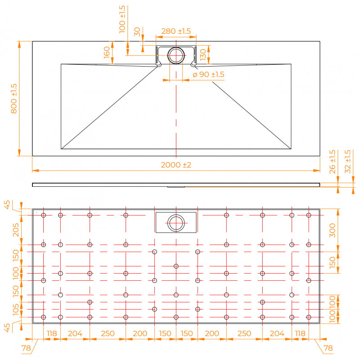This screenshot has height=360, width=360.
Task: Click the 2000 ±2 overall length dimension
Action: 176,165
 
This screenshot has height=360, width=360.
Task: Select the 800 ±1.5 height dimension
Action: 14,99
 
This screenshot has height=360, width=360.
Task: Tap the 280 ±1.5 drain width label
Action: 176,31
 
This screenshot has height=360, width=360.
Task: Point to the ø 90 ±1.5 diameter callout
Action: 208,74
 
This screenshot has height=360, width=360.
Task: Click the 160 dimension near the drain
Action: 107,52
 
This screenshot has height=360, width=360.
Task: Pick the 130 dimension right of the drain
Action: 203,55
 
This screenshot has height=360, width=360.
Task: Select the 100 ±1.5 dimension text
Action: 122,19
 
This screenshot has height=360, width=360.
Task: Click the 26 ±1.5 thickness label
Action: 332,162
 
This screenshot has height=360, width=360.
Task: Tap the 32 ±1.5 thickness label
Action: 348,162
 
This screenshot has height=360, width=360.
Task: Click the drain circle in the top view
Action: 176,47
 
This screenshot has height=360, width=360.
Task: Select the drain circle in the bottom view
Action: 176,215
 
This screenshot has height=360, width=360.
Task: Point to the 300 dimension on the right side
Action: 332,230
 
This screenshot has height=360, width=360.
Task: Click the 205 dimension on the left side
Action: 16,230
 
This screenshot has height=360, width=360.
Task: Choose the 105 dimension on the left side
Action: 16,310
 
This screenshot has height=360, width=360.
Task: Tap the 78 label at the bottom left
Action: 26,348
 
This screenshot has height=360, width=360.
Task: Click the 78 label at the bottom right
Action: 328,348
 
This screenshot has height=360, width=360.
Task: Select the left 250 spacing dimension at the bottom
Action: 108,333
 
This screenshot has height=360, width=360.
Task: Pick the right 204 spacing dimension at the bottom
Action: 277,333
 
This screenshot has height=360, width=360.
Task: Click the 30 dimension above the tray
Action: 137,31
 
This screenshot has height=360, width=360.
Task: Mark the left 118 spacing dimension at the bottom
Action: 52,333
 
